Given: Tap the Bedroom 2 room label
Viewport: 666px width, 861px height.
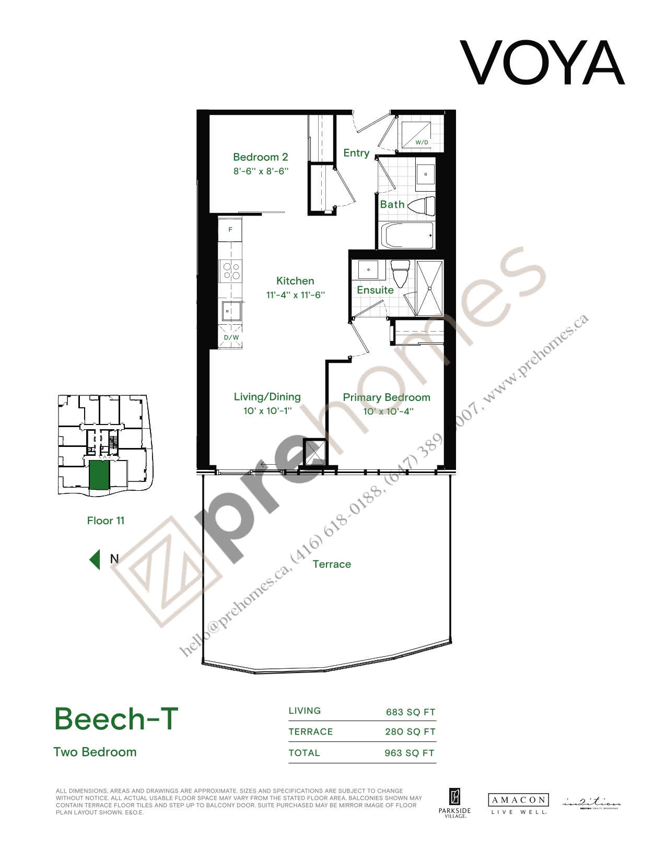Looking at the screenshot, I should (260, 157).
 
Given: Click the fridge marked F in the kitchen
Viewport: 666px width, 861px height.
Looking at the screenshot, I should (230, 230).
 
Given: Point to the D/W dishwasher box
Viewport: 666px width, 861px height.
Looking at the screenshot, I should (231, 336).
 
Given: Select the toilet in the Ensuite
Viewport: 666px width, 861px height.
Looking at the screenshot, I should (400, 273).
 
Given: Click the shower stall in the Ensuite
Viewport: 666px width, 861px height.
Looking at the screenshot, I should (429, 287).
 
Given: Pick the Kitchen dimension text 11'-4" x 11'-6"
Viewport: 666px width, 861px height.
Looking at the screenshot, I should (295, 294).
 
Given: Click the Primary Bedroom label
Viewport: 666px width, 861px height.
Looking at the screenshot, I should (387, 397).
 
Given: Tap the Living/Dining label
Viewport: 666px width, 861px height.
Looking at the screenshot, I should (267, 397).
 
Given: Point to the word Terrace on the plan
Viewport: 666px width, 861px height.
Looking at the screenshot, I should (332, 564).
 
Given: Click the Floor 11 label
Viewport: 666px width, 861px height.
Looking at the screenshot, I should (106, 521).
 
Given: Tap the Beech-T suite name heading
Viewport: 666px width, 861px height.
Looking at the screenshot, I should (116, 718).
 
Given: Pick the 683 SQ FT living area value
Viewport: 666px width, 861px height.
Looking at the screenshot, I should (410, 712).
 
